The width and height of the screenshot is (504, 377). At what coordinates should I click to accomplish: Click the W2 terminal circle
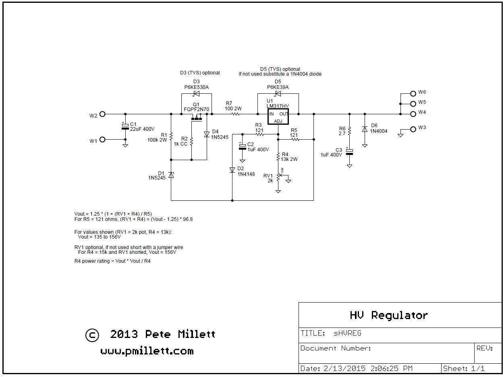click(102, 114)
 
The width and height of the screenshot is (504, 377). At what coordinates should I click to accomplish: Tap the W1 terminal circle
click(102, 140)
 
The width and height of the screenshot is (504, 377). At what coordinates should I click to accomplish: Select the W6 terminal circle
click(413, 93)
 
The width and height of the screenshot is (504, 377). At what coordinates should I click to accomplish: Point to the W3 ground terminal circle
click(413, 129)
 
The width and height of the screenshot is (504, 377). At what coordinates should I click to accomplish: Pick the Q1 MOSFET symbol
click(196, 119)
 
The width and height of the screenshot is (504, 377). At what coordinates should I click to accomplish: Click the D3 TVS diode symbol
click(196, 94)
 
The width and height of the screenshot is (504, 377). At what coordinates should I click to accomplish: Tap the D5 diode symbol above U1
click(278, 94)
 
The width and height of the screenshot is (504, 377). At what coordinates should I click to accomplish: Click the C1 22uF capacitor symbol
click(125, 127)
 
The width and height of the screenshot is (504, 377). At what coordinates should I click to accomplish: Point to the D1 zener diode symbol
click(171, 175)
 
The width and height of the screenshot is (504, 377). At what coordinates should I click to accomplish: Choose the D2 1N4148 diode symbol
click(232, 170)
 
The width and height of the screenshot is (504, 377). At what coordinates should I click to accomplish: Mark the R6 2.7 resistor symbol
click(349, 131)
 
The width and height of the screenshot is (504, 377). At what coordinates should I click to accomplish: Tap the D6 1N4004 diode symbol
click(365, 129)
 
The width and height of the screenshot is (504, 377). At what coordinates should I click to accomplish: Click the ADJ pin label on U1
click(278, 121)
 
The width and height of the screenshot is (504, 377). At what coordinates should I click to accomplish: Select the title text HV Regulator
click(389, 315)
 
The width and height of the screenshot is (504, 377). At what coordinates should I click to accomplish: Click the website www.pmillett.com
click(147, 351)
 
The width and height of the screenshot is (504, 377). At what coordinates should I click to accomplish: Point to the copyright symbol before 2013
click(92, 335)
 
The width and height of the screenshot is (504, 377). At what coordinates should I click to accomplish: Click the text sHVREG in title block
click(347, 333)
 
